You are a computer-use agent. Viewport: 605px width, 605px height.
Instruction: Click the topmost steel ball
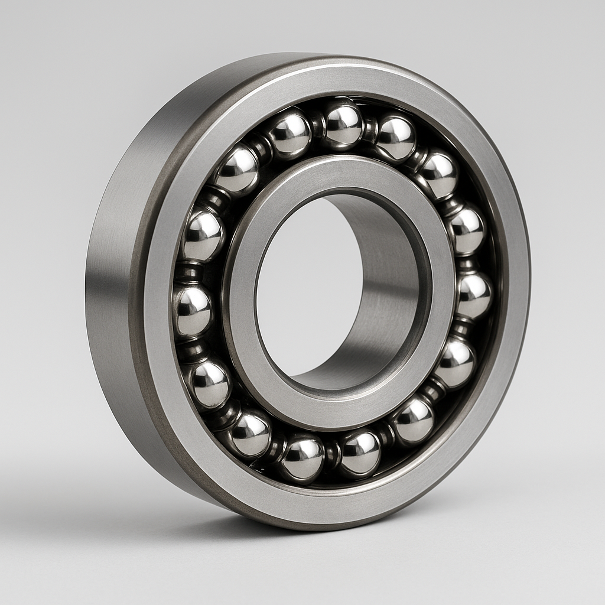343,124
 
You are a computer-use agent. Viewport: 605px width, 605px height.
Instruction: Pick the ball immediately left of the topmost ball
290,134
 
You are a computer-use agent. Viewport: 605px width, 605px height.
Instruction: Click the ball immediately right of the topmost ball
395,138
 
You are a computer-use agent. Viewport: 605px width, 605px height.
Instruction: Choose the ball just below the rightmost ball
455,362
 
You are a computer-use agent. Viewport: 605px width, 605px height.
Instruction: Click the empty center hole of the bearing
307,284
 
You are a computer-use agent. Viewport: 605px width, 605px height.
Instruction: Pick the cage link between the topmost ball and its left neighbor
317,126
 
